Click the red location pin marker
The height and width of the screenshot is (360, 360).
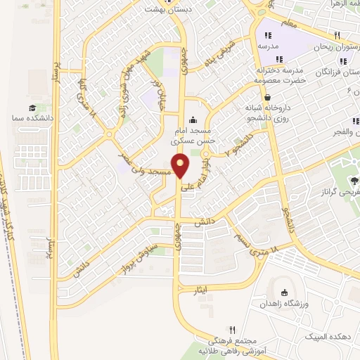pyautogui.click(x=181, y=166)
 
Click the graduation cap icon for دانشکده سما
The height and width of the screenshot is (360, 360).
pyautogui.click(x=32, y=108)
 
